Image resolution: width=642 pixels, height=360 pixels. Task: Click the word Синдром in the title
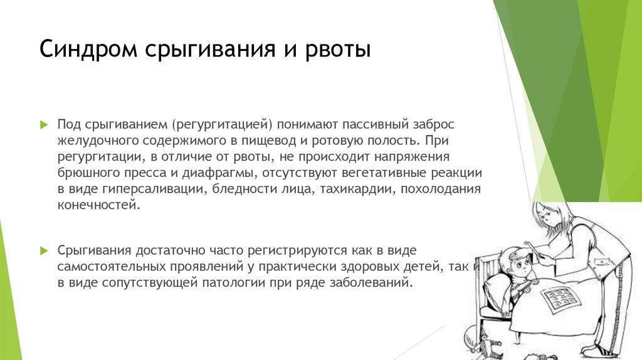point(88,49)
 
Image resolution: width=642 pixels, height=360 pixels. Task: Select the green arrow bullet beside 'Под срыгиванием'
point(45,125)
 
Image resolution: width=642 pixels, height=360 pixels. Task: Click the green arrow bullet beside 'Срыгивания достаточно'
point(45,251)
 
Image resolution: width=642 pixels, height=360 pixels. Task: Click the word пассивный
point(376,124)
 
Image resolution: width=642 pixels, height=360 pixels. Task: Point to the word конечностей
point(98,205)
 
